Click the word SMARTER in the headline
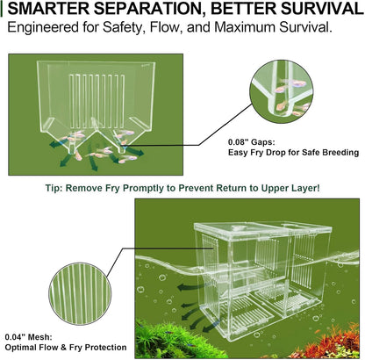coord(48,11)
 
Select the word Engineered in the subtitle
coord(43,29)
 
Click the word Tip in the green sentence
coord(55,187)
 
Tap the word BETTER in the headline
coord(236,11)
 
